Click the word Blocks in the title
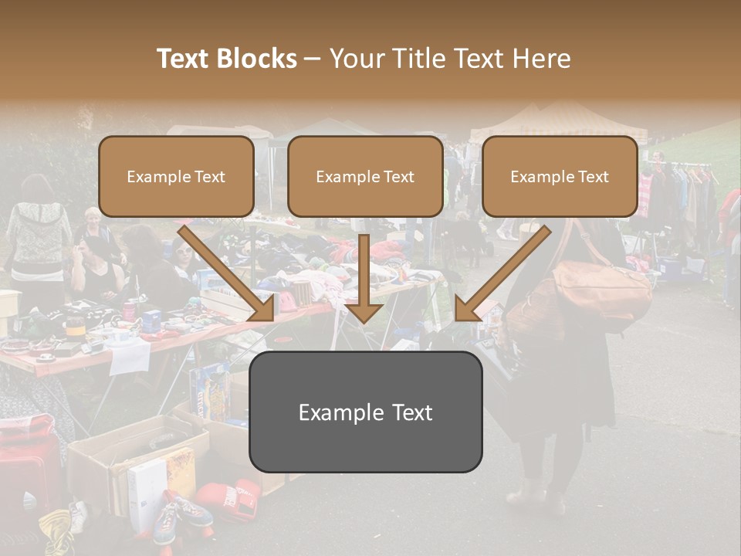[x=259, y=59]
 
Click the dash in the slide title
[x=313, y=59]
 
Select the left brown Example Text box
[x=176, y=177]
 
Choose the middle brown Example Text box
[x=365, y=177]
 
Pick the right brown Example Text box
[x=560, y=177]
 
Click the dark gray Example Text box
[x=365, y=412]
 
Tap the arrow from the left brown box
[x=228, y=273]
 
